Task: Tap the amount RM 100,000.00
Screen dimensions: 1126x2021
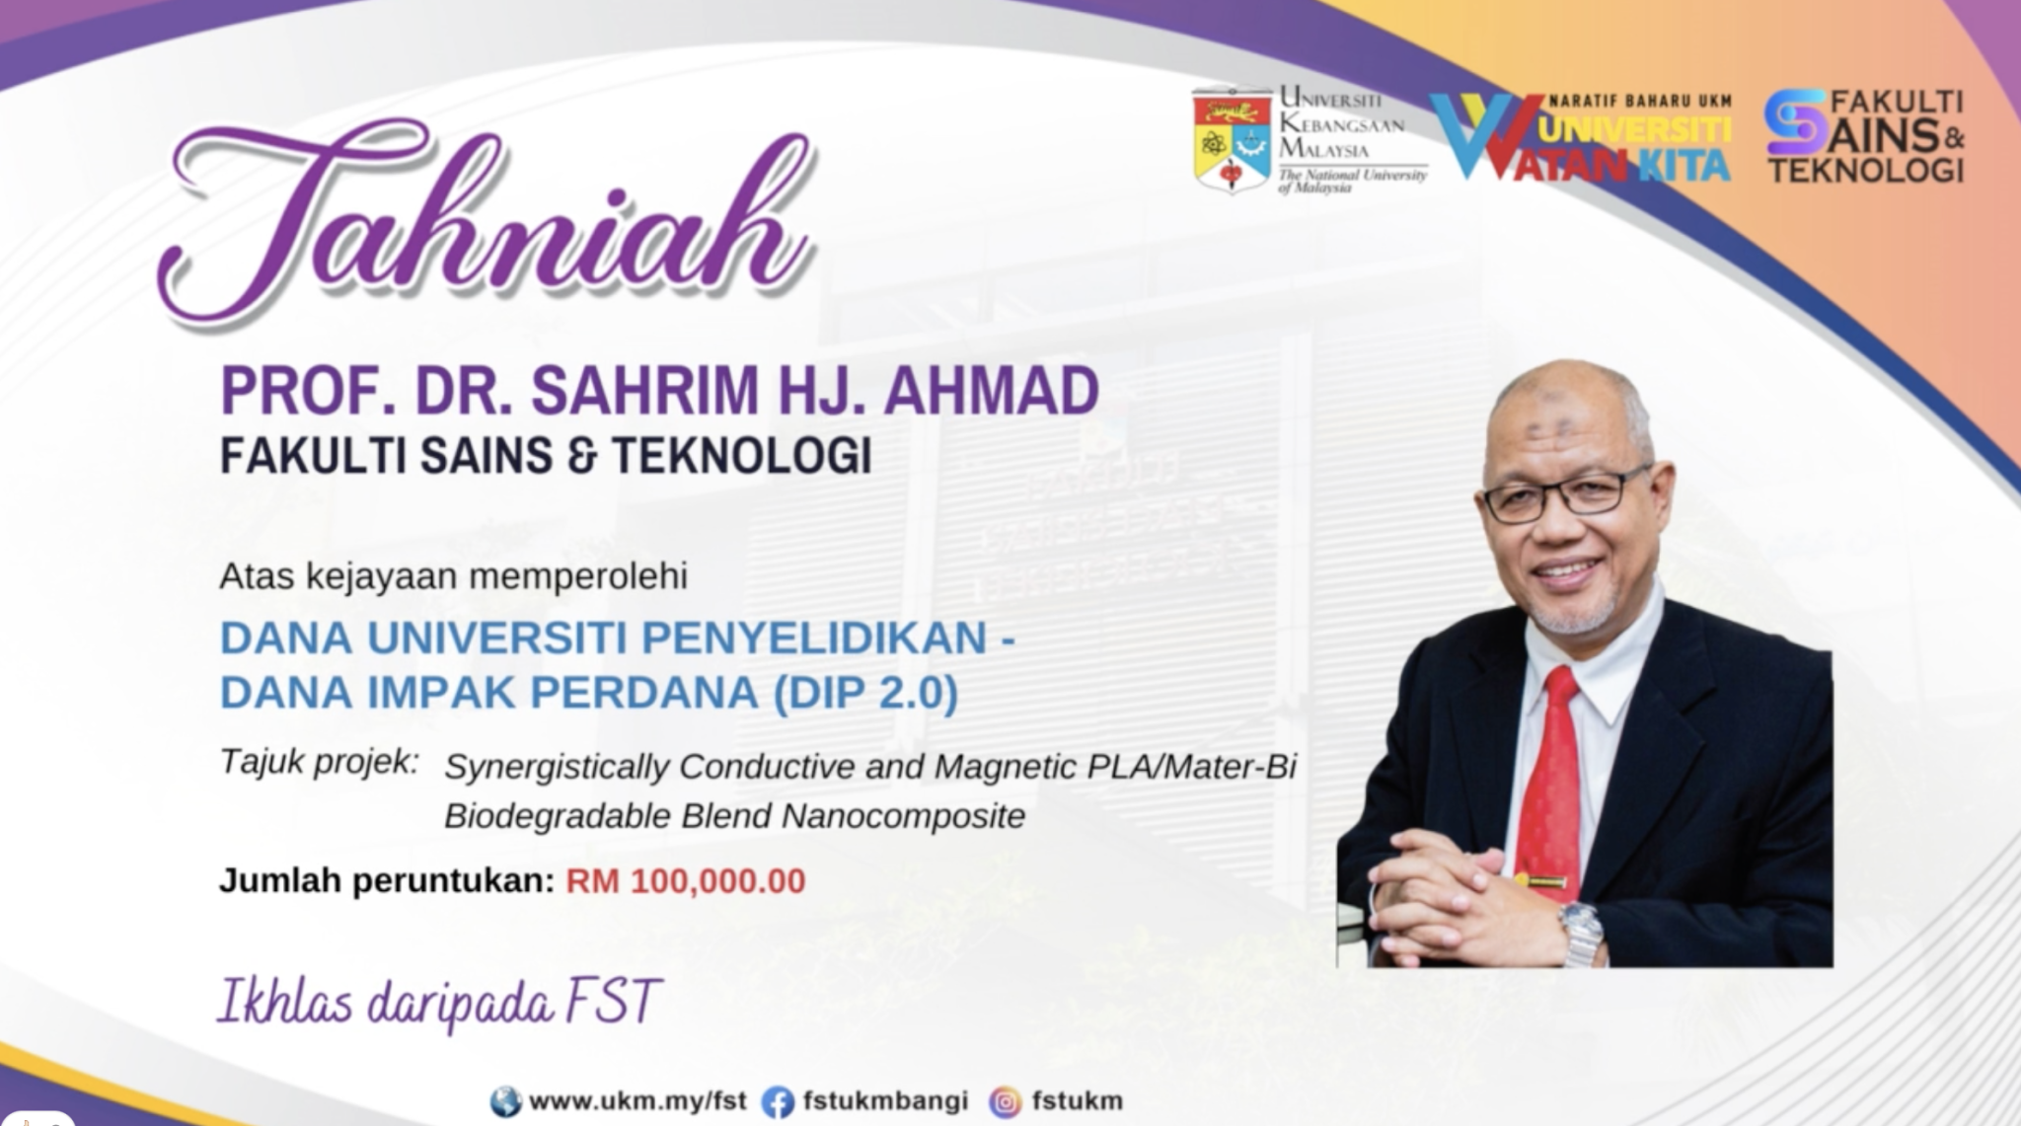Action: (685, 880)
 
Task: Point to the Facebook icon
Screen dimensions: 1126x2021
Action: (778, 1101)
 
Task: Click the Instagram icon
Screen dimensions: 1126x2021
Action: (1006, 1101)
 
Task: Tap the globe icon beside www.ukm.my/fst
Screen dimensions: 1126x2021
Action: (505, 1101)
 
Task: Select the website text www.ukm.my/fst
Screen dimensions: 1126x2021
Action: (637, 1100)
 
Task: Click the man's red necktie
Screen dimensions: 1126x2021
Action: (1551, 780)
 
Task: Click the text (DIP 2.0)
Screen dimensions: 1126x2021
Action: (865, 693)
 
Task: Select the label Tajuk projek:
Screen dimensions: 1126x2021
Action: (319, 763)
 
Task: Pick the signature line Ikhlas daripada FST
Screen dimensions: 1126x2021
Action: (438, 1003)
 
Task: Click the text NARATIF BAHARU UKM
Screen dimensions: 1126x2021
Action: (1639, 101)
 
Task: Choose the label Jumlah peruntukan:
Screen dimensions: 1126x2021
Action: (386, 880)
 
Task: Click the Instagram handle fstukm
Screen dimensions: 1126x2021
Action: (1077, 1100)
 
